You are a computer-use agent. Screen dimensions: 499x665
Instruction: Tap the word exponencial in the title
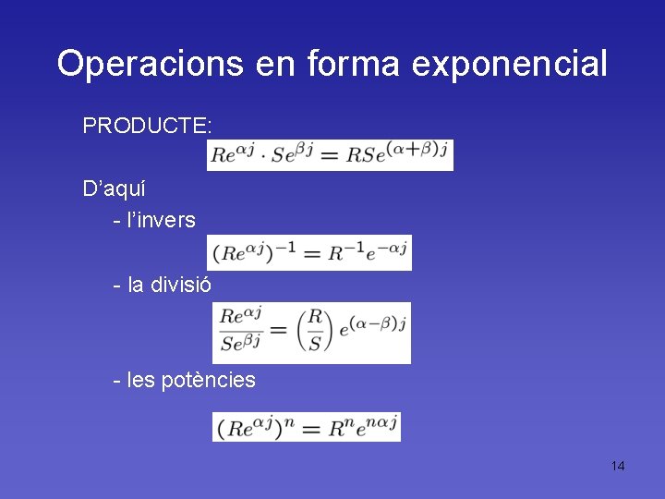510,65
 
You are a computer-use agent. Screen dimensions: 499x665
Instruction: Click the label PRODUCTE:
148,125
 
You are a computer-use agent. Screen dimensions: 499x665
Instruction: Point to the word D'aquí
115,189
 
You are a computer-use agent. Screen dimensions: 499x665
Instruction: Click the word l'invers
162,220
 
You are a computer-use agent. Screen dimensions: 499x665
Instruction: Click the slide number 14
617,465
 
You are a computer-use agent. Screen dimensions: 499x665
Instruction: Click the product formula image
331,154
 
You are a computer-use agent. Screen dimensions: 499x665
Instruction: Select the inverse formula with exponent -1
311,252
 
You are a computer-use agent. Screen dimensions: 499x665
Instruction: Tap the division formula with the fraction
311,332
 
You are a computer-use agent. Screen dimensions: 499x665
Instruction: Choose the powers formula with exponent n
306,427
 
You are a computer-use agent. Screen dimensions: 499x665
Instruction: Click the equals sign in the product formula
331,155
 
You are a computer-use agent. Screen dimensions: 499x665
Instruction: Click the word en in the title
276,64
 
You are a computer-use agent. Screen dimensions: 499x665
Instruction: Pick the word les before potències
143,379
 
